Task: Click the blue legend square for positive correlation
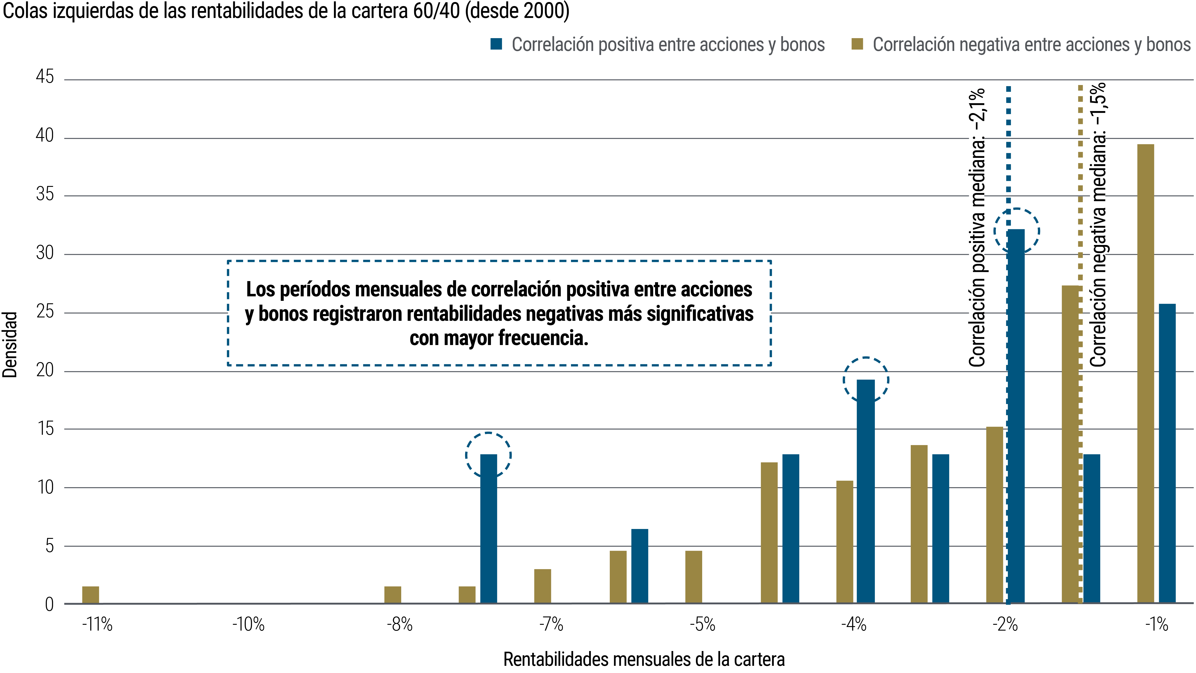[x=496, y=44]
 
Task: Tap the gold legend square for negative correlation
[x=857, y=44]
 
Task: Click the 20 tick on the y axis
[x=45, y=370]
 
